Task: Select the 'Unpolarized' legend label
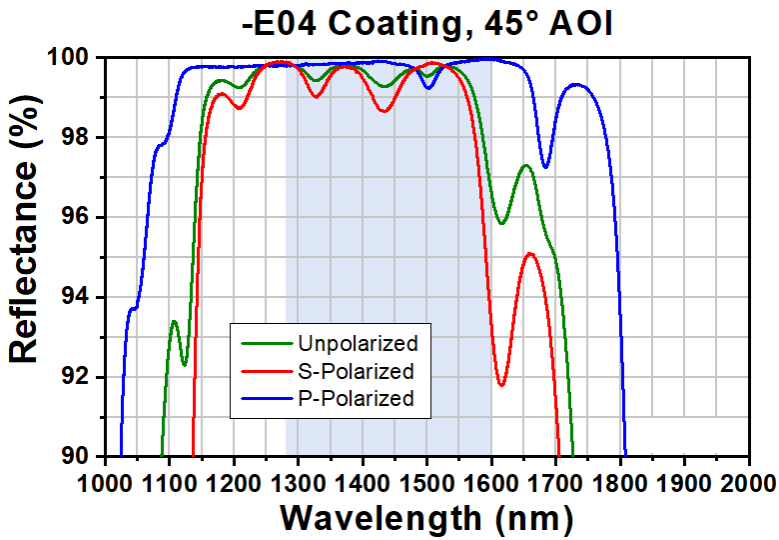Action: (357, 344)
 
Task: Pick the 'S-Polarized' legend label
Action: (356, 371)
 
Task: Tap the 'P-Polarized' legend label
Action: (356, 398)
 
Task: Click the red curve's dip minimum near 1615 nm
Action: (501, 385)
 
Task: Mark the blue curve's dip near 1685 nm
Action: (545, 167)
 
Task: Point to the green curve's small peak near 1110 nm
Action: (174, 321)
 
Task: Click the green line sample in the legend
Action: (264, 344)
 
